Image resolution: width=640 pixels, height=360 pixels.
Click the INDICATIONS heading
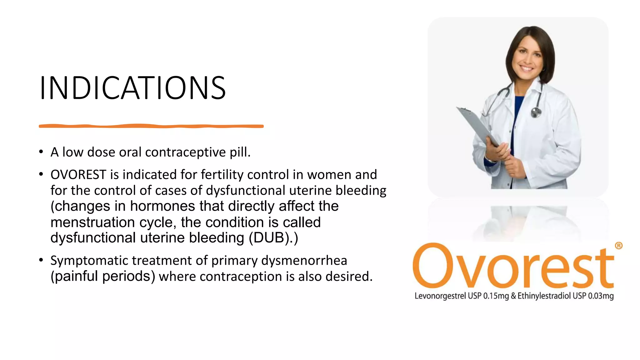(x=132, y=88)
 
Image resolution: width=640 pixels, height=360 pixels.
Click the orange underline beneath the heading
(x=151, y=126)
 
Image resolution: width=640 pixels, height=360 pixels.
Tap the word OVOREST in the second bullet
(x=78, y=175)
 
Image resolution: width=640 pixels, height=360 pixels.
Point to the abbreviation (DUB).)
(x=273, y=238)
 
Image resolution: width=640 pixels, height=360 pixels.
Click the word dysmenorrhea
(x=304, y=261)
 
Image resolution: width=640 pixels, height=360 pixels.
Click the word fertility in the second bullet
(x=222, y=175)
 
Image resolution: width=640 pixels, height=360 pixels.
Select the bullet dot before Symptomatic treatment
(x=41, y=260)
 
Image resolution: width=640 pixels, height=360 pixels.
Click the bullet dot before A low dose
(x=41, y=152)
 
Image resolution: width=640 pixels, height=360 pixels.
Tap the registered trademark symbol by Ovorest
(x=618, y=246)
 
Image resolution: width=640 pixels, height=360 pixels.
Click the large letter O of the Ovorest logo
(x=435, y=265)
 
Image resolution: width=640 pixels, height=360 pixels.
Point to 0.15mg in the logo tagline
(x=496, y=296)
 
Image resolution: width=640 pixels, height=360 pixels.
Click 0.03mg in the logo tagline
(x=601, y=296)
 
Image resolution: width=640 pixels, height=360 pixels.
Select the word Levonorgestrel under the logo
(x=440, y=296)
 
